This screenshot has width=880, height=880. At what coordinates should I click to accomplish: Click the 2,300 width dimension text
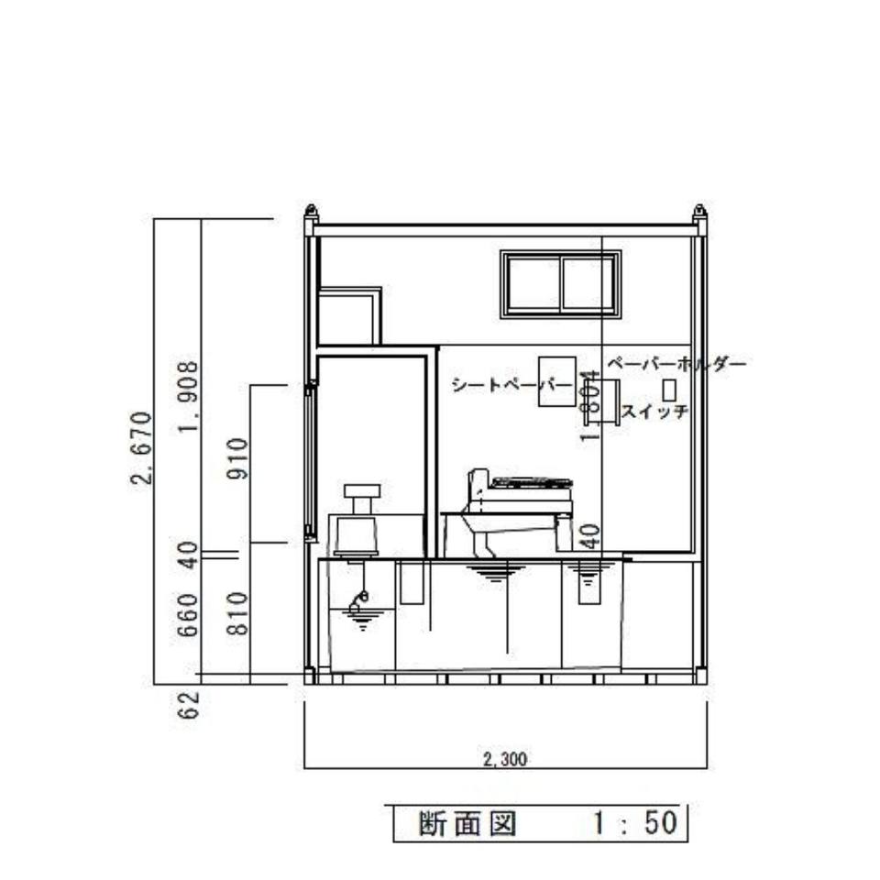coord(505,759)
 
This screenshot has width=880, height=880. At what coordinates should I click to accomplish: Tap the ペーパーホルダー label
coord(676,364)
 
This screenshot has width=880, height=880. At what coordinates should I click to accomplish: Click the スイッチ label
coord(655,412)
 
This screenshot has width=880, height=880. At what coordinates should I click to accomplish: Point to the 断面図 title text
coord(467,823)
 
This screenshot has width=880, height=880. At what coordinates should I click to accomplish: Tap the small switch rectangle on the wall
coord(669,388)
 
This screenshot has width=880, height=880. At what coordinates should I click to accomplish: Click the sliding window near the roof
coord(561,284)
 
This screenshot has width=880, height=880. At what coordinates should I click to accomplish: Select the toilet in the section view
coord(518,509)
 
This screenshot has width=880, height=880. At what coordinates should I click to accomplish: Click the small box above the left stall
coord(348,316)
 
